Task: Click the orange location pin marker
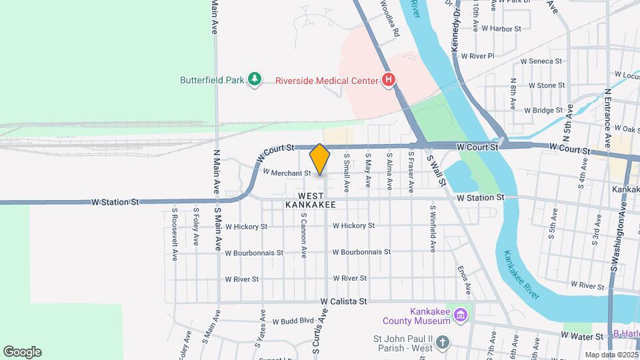tap(320, 159)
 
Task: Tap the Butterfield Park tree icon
tap(254, 80)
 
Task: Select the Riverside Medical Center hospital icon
tap(389, 81)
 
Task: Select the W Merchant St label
tap(287, 173)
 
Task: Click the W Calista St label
tap(343, 301)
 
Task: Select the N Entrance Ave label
tap(607, 117)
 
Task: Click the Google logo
tap(22, 352)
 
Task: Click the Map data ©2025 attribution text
tap(611, 355)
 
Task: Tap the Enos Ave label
tap(463, 280)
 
